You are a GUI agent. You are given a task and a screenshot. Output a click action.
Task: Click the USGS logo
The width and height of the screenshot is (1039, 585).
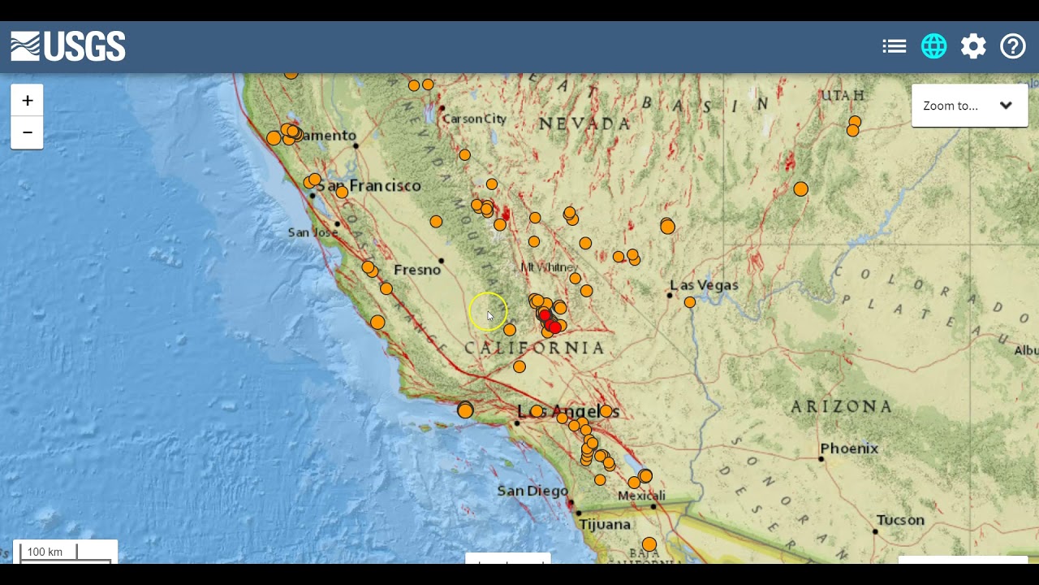[x=68, y=46]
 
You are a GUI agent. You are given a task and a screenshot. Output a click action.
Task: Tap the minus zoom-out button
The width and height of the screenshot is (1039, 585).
[x=27, y=132]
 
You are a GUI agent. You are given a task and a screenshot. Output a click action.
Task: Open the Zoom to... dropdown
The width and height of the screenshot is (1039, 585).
[x=969, y=106]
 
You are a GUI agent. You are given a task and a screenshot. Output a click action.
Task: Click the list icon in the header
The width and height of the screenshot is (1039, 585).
[x=894, y=46]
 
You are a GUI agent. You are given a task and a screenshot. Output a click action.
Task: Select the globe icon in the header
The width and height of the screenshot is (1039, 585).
[x=933, y=46]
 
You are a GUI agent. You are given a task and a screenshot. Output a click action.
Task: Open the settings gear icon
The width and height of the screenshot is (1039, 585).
[x=973, y=46]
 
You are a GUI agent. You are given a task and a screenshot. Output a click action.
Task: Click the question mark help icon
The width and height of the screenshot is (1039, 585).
[x=1013, y=46]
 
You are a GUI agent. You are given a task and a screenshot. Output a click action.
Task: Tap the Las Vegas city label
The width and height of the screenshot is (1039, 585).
[x=704, y=285]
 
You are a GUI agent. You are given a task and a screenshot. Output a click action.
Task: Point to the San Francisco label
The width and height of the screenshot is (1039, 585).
[x=369, y=186]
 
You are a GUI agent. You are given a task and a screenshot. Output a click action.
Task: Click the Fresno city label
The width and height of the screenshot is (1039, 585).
[x=416, y=270]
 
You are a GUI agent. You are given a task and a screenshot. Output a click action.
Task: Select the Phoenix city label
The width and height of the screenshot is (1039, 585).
[x=849, y=448]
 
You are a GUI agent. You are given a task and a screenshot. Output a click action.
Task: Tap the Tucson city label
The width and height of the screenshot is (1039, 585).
[x=900, y=520]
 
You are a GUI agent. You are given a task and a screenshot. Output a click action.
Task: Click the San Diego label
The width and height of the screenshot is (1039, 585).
[x=532, y=491]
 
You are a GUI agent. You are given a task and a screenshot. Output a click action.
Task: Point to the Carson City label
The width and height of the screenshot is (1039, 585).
[x=475, y=119]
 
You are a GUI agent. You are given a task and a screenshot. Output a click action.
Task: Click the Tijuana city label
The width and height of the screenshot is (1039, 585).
[x=605, y=525]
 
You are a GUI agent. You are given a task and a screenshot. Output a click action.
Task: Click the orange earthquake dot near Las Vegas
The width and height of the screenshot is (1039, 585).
[x=690, y=302]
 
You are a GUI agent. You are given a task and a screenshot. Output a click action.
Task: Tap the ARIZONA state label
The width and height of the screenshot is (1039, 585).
[x=842, y=406]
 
